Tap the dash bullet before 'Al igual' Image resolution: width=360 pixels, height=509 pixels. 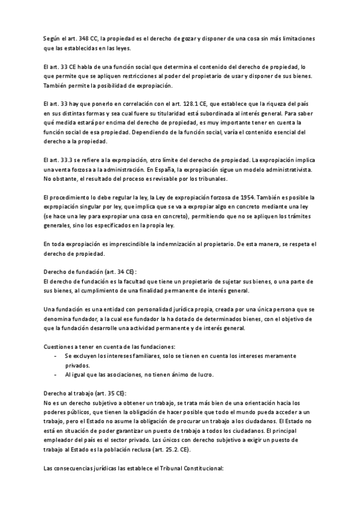click(x=56, y=375)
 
